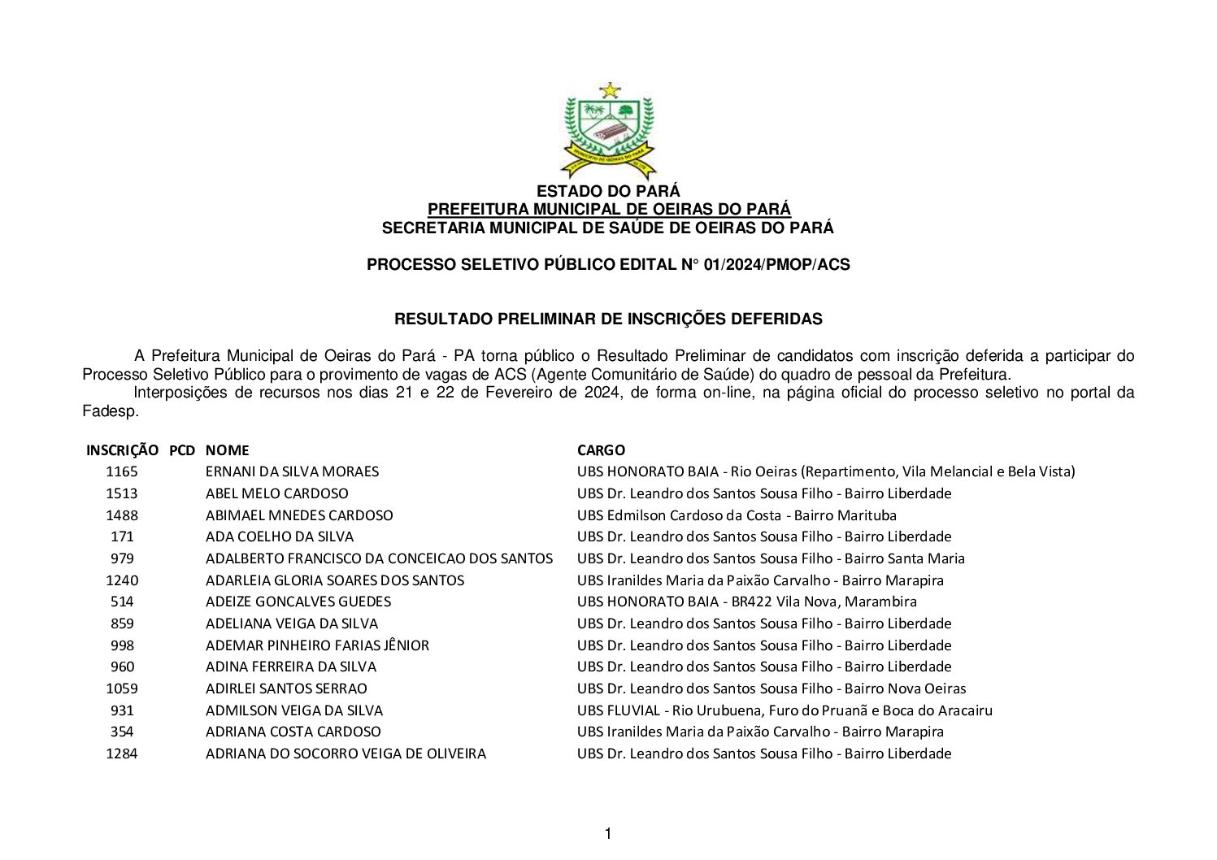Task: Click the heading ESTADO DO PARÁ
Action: coord(608,192)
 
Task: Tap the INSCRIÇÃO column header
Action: coord(122,450)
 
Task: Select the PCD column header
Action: coord(182,450)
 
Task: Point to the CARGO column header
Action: coord(601,450)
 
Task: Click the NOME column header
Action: coord(227,450)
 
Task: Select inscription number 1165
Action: coord(122,471)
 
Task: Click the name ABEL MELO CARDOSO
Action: coord(276,493)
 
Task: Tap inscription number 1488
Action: coord(122,515)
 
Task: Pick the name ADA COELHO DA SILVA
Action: coord(280,536)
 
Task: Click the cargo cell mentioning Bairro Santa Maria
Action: coord(771,558)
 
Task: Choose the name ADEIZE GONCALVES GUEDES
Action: coord(298,602)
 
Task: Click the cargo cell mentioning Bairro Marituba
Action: coord(737,515)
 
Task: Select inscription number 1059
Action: coord(122,688)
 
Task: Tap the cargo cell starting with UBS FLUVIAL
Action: coord(785,710)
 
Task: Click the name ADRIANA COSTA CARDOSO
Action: coord(293,732)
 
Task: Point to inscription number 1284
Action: coord(122,754)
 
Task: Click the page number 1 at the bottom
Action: coord(608,834)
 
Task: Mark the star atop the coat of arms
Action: coord(609,89)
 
